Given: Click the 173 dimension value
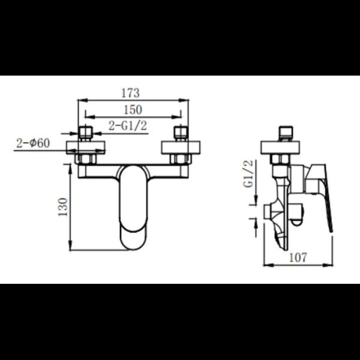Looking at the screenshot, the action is [130, 93].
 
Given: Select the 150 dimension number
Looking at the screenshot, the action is [133, 110].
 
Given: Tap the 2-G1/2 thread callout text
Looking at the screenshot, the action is [128, 126].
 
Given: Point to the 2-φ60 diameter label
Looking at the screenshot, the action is [33, 143].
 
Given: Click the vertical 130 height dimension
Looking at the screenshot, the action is [63, 207].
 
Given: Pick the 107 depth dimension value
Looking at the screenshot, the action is [298, 257].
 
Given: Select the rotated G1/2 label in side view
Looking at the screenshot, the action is [249, 173].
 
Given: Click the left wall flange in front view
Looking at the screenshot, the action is [86, 148].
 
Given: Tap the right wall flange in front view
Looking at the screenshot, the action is [181, 148].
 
